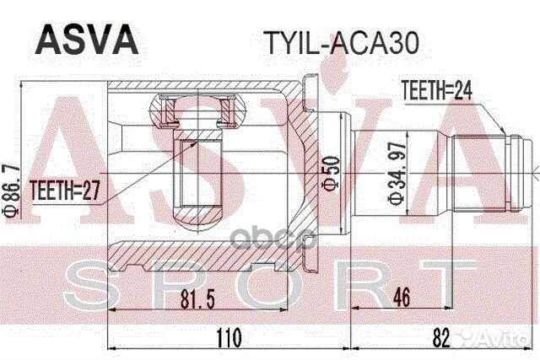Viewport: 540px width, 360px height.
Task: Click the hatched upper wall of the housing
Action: tap(202, 88)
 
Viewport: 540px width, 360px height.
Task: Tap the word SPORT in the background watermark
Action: tap(270, 282)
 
